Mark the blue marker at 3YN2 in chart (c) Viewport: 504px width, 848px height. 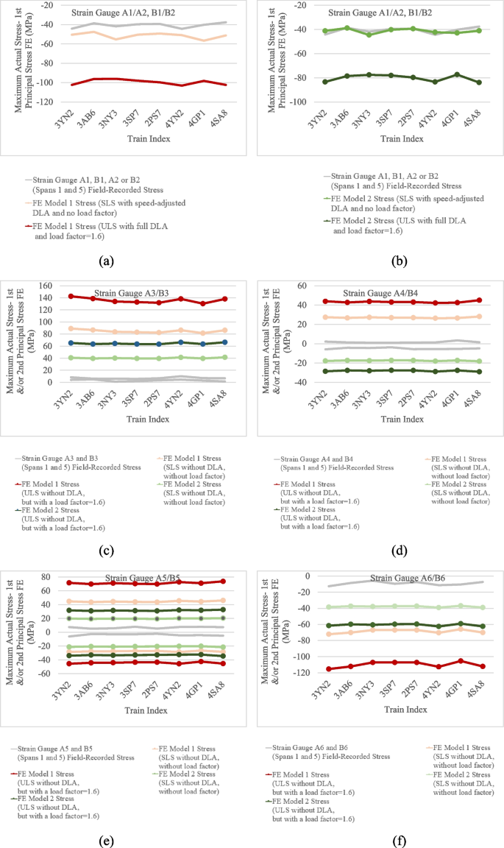pos(71,343)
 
